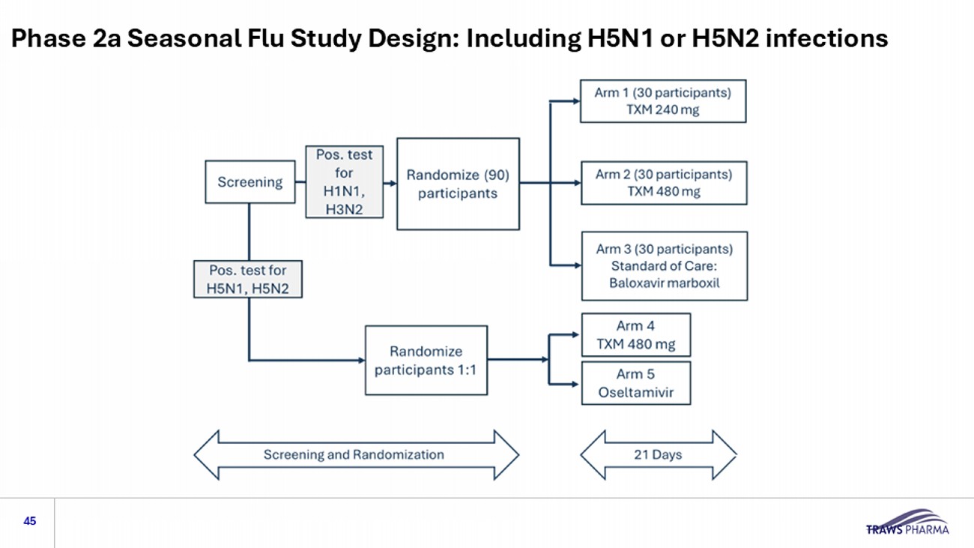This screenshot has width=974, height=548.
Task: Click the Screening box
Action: click(x=250, y=182)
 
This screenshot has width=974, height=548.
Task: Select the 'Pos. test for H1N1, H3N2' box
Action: click(x=344, y=182)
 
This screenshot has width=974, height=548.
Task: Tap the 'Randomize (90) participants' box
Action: click(x=458, y=184)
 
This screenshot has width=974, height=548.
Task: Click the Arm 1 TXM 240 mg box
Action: click(x=662, y=101)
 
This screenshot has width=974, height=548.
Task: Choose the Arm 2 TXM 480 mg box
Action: click(x=663, y=183)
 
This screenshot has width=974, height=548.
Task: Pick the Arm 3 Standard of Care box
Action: click(x=664, y=266)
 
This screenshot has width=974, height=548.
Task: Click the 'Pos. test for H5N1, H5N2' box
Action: click(x=248, y=279)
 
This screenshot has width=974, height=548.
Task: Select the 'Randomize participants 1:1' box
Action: click(x=426, y=360)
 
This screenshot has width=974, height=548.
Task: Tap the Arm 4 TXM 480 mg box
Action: click(x=635, y=335)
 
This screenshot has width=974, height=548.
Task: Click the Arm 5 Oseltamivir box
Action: click(x=635, y=383)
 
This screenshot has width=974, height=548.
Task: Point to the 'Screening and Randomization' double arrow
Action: click(x=356, y=455)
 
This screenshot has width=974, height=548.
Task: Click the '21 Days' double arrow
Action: click(x=658, y=455)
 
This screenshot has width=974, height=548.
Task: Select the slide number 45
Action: click(x=30, y=521)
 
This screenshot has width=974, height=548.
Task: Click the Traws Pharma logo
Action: click(x=907, y=523)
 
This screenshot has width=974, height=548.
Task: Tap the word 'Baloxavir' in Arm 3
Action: click(x=637, y=283)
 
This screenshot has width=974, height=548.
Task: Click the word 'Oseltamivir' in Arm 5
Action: click(x=635, y=391)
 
